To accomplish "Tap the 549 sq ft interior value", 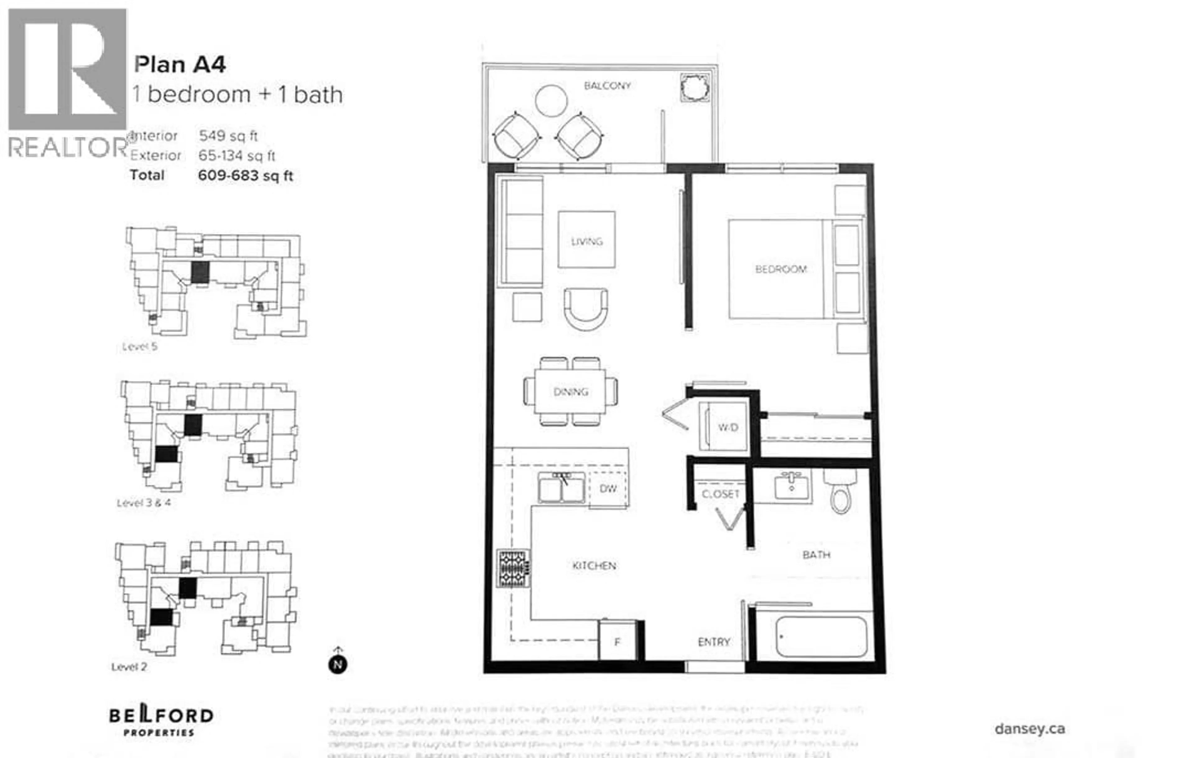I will [x=228, y=136].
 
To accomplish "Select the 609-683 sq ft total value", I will [x=245, y=176].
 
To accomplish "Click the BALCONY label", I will [x=607, y=86].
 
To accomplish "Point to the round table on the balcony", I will [x=551, y=101].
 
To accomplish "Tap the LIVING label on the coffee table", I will [x=587, y=241].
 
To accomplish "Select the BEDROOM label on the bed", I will [x=780, y=269].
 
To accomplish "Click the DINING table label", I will [x=571, y=392].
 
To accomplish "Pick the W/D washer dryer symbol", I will [x=727, y=427].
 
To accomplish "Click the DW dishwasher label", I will [x=608, y=489].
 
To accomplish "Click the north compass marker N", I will [x=338, y=664].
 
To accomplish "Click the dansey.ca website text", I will [x=1030, y=729].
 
